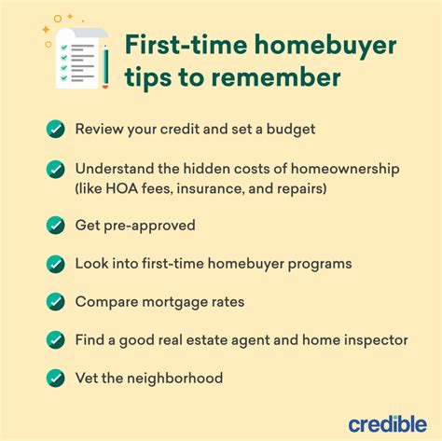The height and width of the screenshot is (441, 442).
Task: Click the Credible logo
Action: click(388, 423)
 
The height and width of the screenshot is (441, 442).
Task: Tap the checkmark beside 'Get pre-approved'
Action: click(56, 226)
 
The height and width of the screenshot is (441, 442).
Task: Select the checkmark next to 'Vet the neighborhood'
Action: click(56, 378)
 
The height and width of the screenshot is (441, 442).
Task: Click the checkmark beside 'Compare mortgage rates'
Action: click(56, 302)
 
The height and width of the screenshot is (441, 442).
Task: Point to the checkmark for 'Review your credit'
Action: click(56, 129)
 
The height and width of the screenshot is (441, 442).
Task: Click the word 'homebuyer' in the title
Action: click(325, 46)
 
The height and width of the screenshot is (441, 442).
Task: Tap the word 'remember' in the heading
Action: click(276, 77)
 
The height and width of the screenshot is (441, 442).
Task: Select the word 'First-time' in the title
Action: click(186, 45)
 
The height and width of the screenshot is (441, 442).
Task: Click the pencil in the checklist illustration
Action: click(105, 66)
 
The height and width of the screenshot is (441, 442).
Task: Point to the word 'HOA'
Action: click(122, 188)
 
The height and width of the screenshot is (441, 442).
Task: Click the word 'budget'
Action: click(291, 130)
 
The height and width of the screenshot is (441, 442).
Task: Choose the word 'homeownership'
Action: click(345, 170)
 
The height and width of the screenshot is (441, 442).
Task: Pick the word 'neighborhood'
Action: click(175, 379)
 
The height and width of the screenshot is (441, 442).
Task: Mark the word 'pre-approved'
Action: click(149, 226)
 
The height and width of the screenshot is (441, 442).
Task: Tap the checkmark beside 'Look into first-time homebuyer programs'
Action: click(56, 264)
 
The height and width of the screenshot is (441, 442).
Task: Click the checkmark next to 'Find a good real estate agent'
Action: click(56, 340)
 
